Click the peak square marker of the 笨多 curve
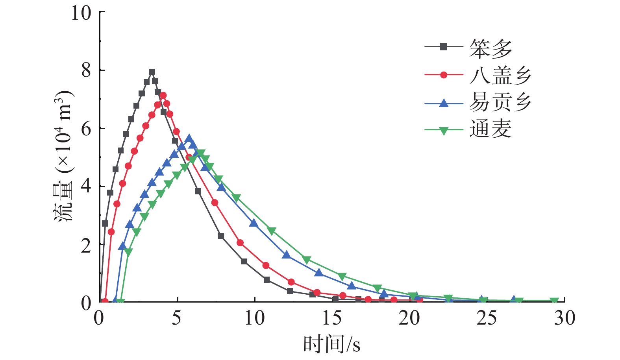click(x=152, y=72)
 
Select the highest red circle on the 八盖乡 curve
click(x=163, y=96)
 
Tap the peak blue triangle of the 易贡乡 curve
click(x=189, y=138)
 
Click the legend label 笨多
click(x=490, y=49)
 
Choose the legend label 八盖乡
click(x=500, y=76)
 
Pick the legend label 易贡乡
click(x=500, y=102)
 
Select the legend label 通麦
click(x=490, y=129)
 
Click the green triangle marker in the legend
click(x=444, y=130)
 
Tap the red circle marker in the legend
click(x=444, y=75)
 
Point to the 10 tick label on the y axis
click(x=81, y=13)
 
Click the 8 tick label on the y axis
click(x=86, y=71)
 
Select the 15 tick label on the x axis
click(x=332, y=318)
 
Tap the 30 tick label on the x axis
click(x=564, y=318)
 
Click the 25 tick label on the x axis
click(x=487, y=318)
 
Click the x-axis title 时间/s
click(x=331, y=344)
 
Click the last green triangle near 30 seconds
click(x=554, y=301)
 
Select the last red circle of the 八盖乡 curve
click(x=420, y=300)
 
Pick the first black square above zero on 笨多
click(x=105, y=223)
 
